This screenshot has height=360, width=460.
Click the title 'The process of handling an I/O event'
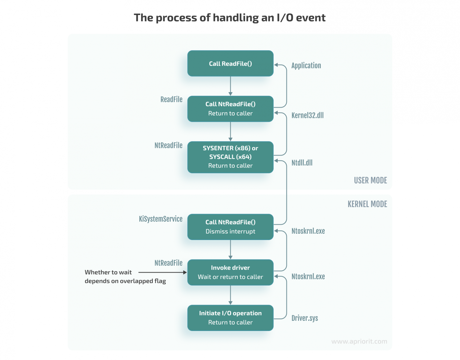pos(229,18)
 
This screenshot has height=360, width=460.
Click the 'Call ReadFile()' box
pos(230,63)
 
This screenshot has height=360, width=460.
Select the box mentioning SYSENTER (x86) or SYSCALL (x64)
pos(230,157)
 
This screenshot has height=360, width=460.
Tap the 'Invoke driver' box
pos(230,272)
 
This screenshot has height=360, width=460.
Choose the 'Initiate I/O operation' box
pos(230,318)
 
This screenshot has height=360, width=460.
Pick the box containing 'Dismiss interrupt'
pos(230,227)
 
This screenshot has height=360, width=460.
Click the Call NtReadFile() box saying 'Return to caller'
pos(230,109)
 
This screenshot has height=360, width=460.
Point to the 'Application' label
pos(306,66)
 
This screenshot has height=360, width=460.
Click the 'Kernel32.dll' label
pos(308,115)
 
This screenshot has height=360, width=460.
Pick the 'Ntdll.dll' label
pos(302,163)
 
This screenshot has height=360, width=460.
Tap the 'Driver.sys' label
pos(305,318)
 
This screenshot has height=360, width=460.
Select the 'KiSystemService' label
pos(161,219)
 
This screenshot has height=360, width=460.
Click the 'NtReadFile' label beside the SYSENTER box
pos(168,145)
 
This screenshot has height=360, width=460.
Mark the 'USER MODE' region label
pos(370,180)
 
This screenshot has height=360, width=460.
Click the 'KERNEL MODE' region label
pos(367,204)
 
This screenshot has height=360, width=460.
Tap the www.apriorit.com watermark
pos(359,341)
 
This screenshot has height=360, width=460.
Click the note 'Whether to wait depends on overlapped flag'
pos(125,277)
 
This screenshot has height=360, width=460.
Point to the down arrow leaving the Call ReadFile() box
pos(230,86)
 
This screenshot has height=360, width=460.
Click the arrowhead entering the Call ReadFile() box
pos(276,65)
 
